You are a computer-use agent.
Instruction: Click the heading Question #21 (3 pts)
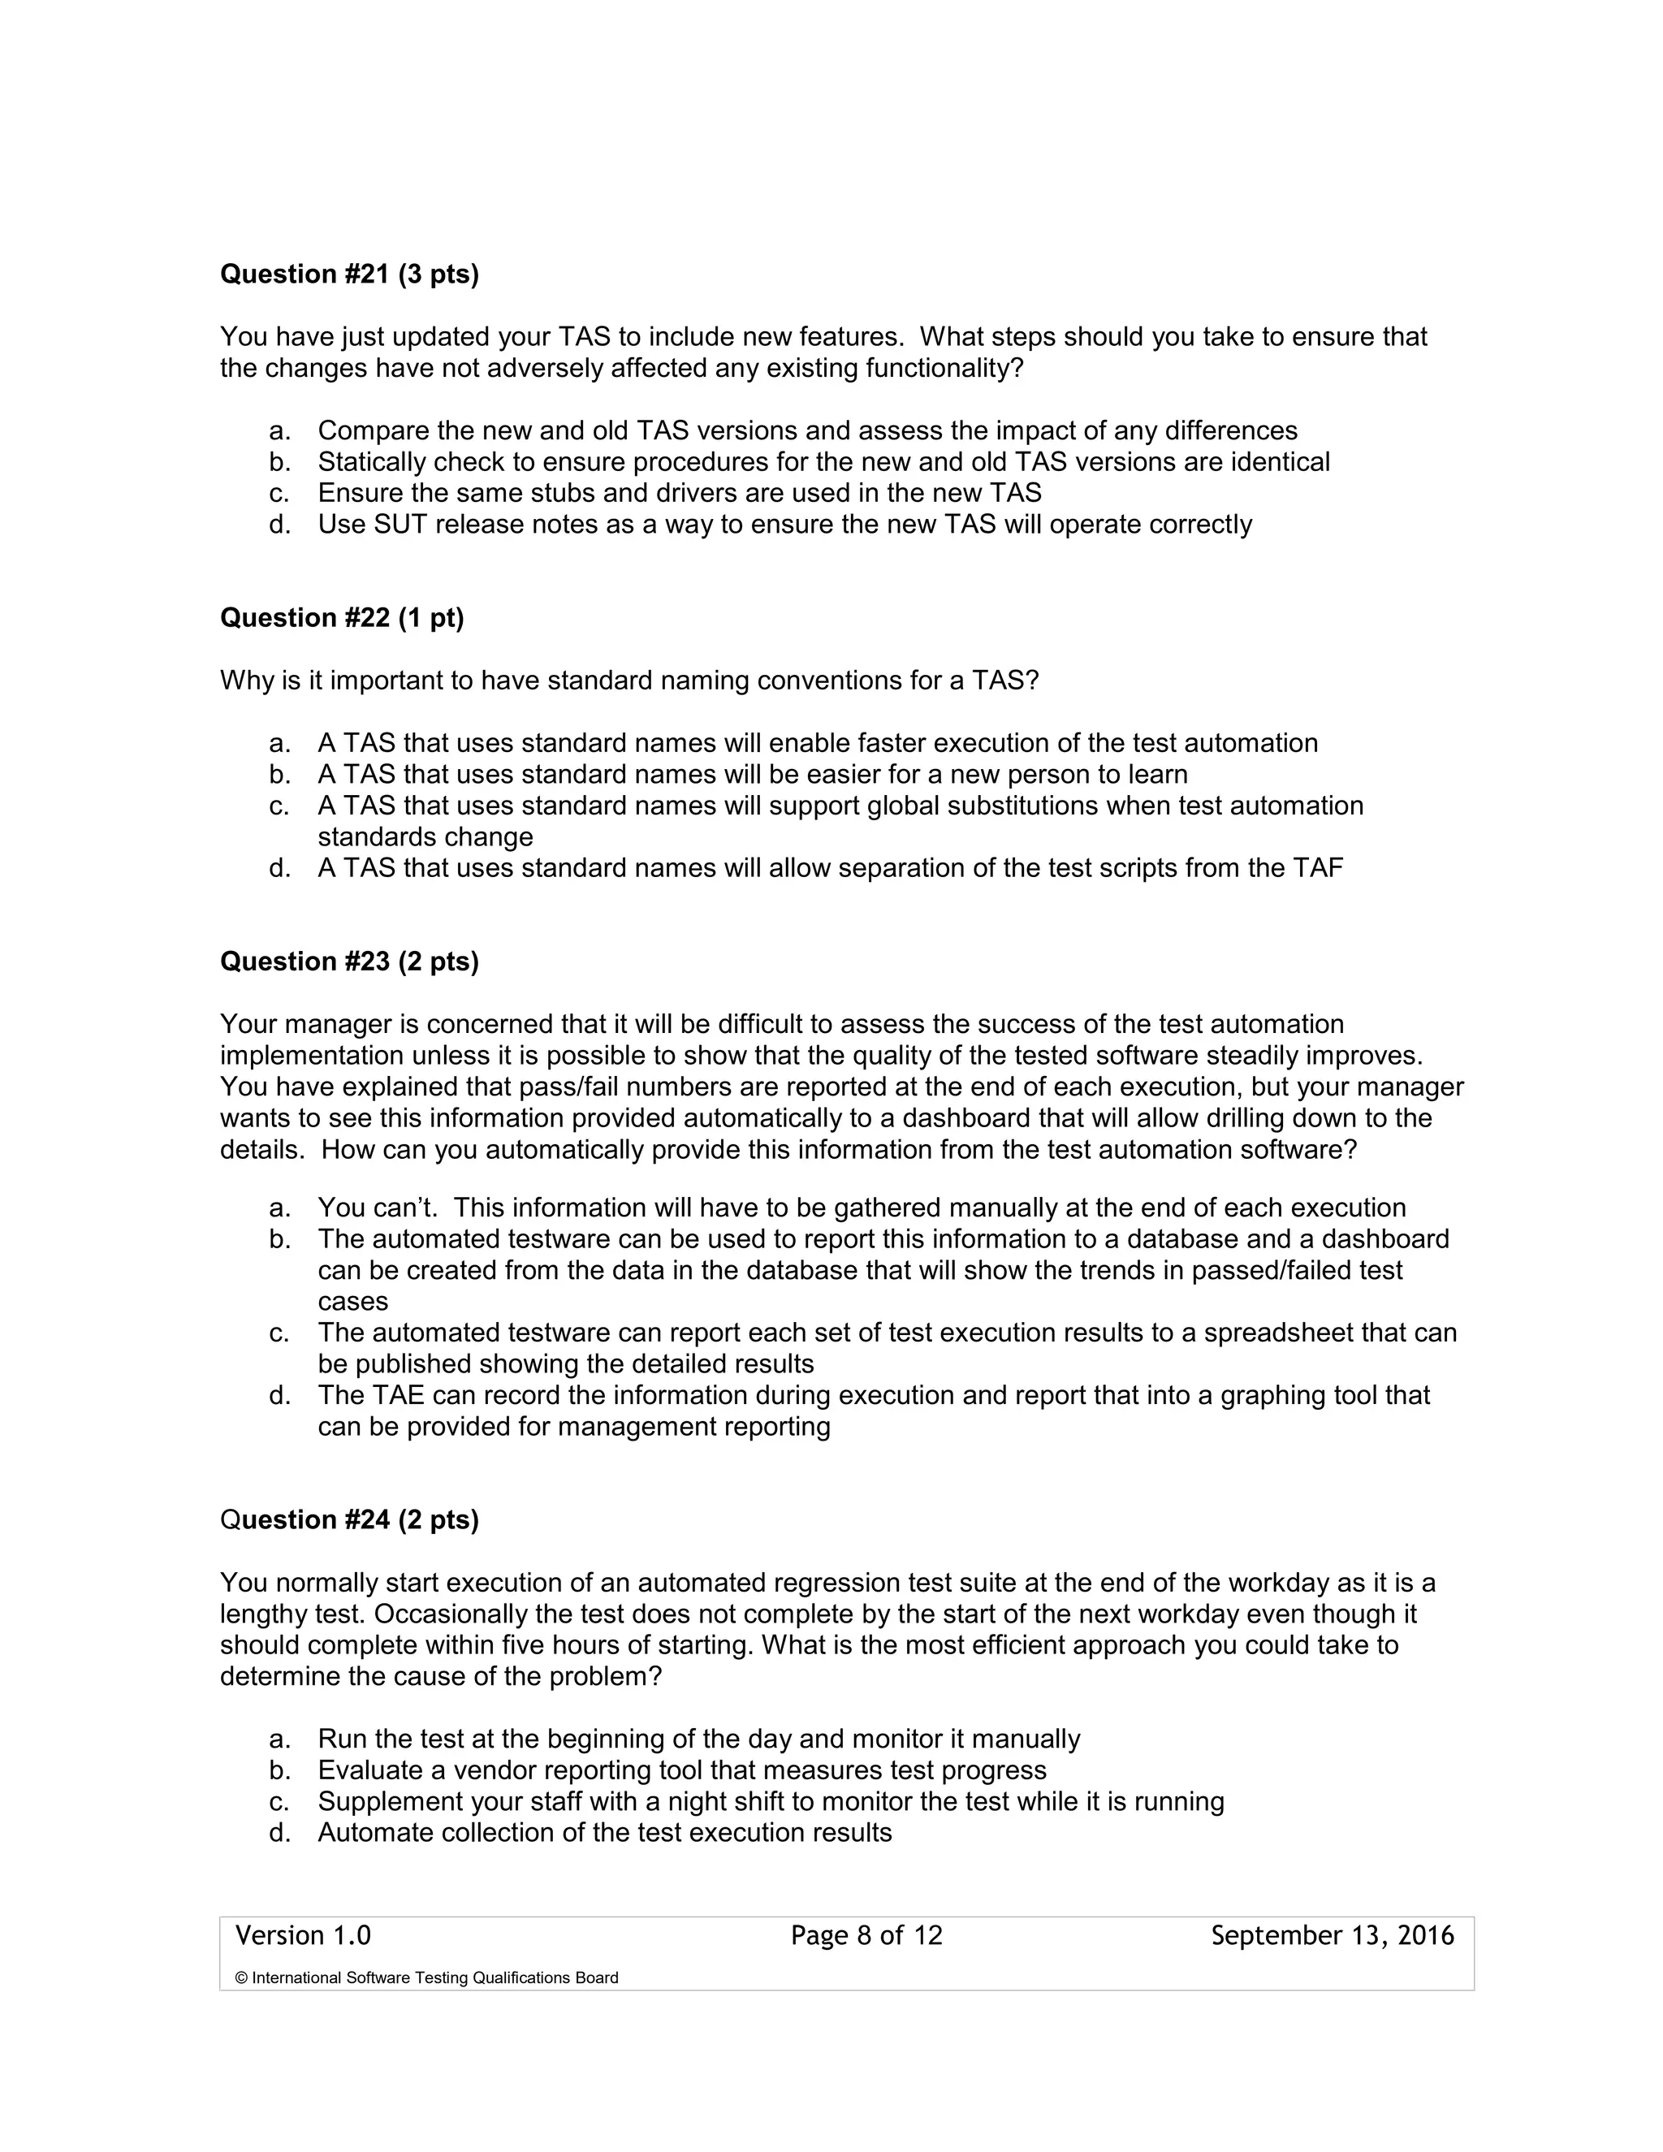click(x=348, y=274)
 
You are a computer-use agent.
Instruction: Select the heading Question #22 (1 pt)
click(x=341, y=618)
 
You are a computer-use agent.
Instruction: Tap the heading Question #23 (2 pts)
click(x=348, y=961)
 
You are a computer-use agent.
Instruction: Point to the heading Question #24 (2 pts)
click(x=348, y=1520)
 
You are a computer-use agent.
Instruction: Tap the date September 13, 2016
click(x=1332, y=1936)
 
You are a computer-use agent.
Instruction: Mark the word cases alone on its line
click(x=352, y=1302)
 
